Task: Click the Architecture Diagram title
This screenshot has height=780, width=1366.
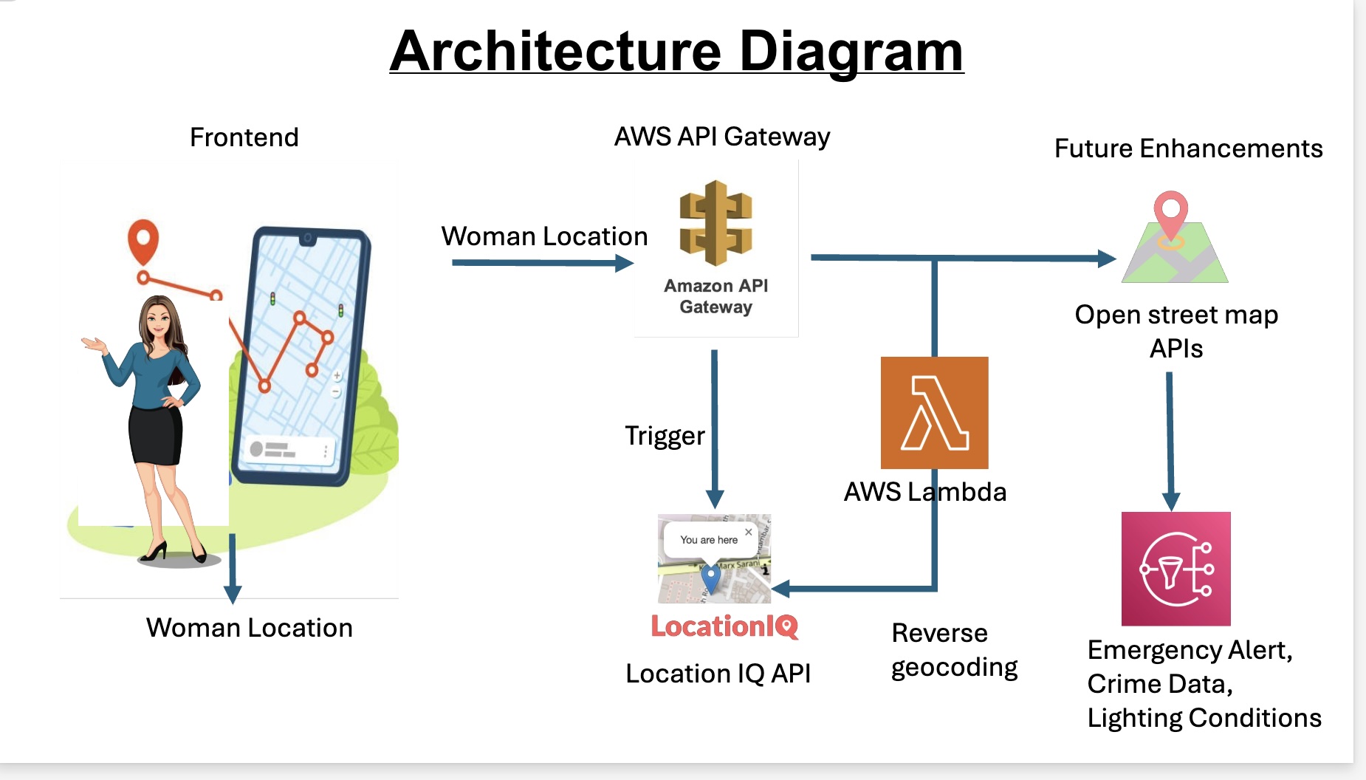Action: coord(676,51)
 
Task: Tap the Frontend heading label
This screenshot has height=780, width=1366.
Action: coord(244,137)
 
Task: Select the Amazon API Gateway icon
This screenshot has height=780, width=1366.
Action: coord(715,223)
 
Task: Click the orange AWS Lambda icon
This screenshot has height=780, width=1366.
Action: coord(934,412)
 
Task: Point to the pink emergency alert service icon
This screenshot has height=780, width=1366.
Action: coord(1175,569)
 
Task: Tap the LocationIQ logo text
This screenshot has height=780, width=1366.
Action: coord(724,627)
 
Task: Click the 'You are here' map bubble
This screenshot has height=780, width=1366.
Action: coord(709,540)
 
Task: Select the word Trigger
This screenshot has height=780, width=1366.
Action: coord(665,436)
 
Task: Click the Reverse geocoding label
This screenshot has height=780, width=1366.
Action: coord(954,650)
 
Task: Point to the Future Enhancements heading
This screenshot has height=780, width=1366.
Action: coord(1188,148)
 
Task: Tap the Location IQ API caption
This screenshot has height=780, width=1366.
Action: coord(718,674)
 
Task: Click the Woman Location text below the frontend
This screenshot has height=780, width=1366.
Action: coord(249,628)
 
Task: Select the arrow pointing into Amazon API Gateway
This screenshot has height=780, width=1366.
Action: coord(543,263)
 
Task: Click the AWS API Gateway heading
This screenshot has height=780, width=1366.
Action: coord(721,137)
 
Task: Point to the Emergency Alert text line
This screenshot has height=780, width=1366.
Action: coord(1190,650)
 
